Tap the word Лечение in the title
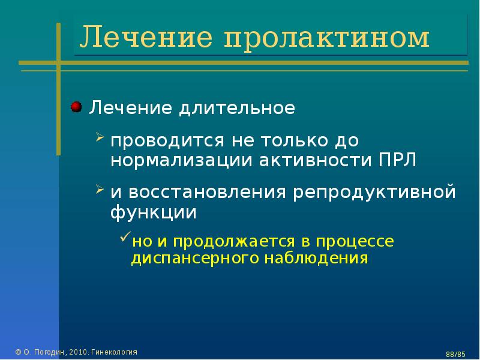[x=146, y=37]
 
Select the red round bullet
[x=76, y=107]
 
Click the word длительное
[x=237, y=108]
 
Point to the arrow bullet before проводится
[x=100, y=137]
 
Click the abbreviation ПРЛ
[x=398, y=160]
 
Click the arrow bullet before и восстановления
[x=100, y=189]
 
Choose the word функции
[x=154, y=213]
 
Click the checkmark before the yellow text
[x=125, y=236]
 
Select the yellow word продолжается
[x=234, y=242]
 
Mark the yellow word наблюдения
[x=316, y=258]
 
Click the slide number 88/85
[x=455, y=354]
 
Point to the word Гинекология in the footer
[x=115, y=352]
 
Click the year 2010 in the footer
[x=79, y=352]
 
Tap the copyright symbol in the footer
[x=18, y=352]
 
